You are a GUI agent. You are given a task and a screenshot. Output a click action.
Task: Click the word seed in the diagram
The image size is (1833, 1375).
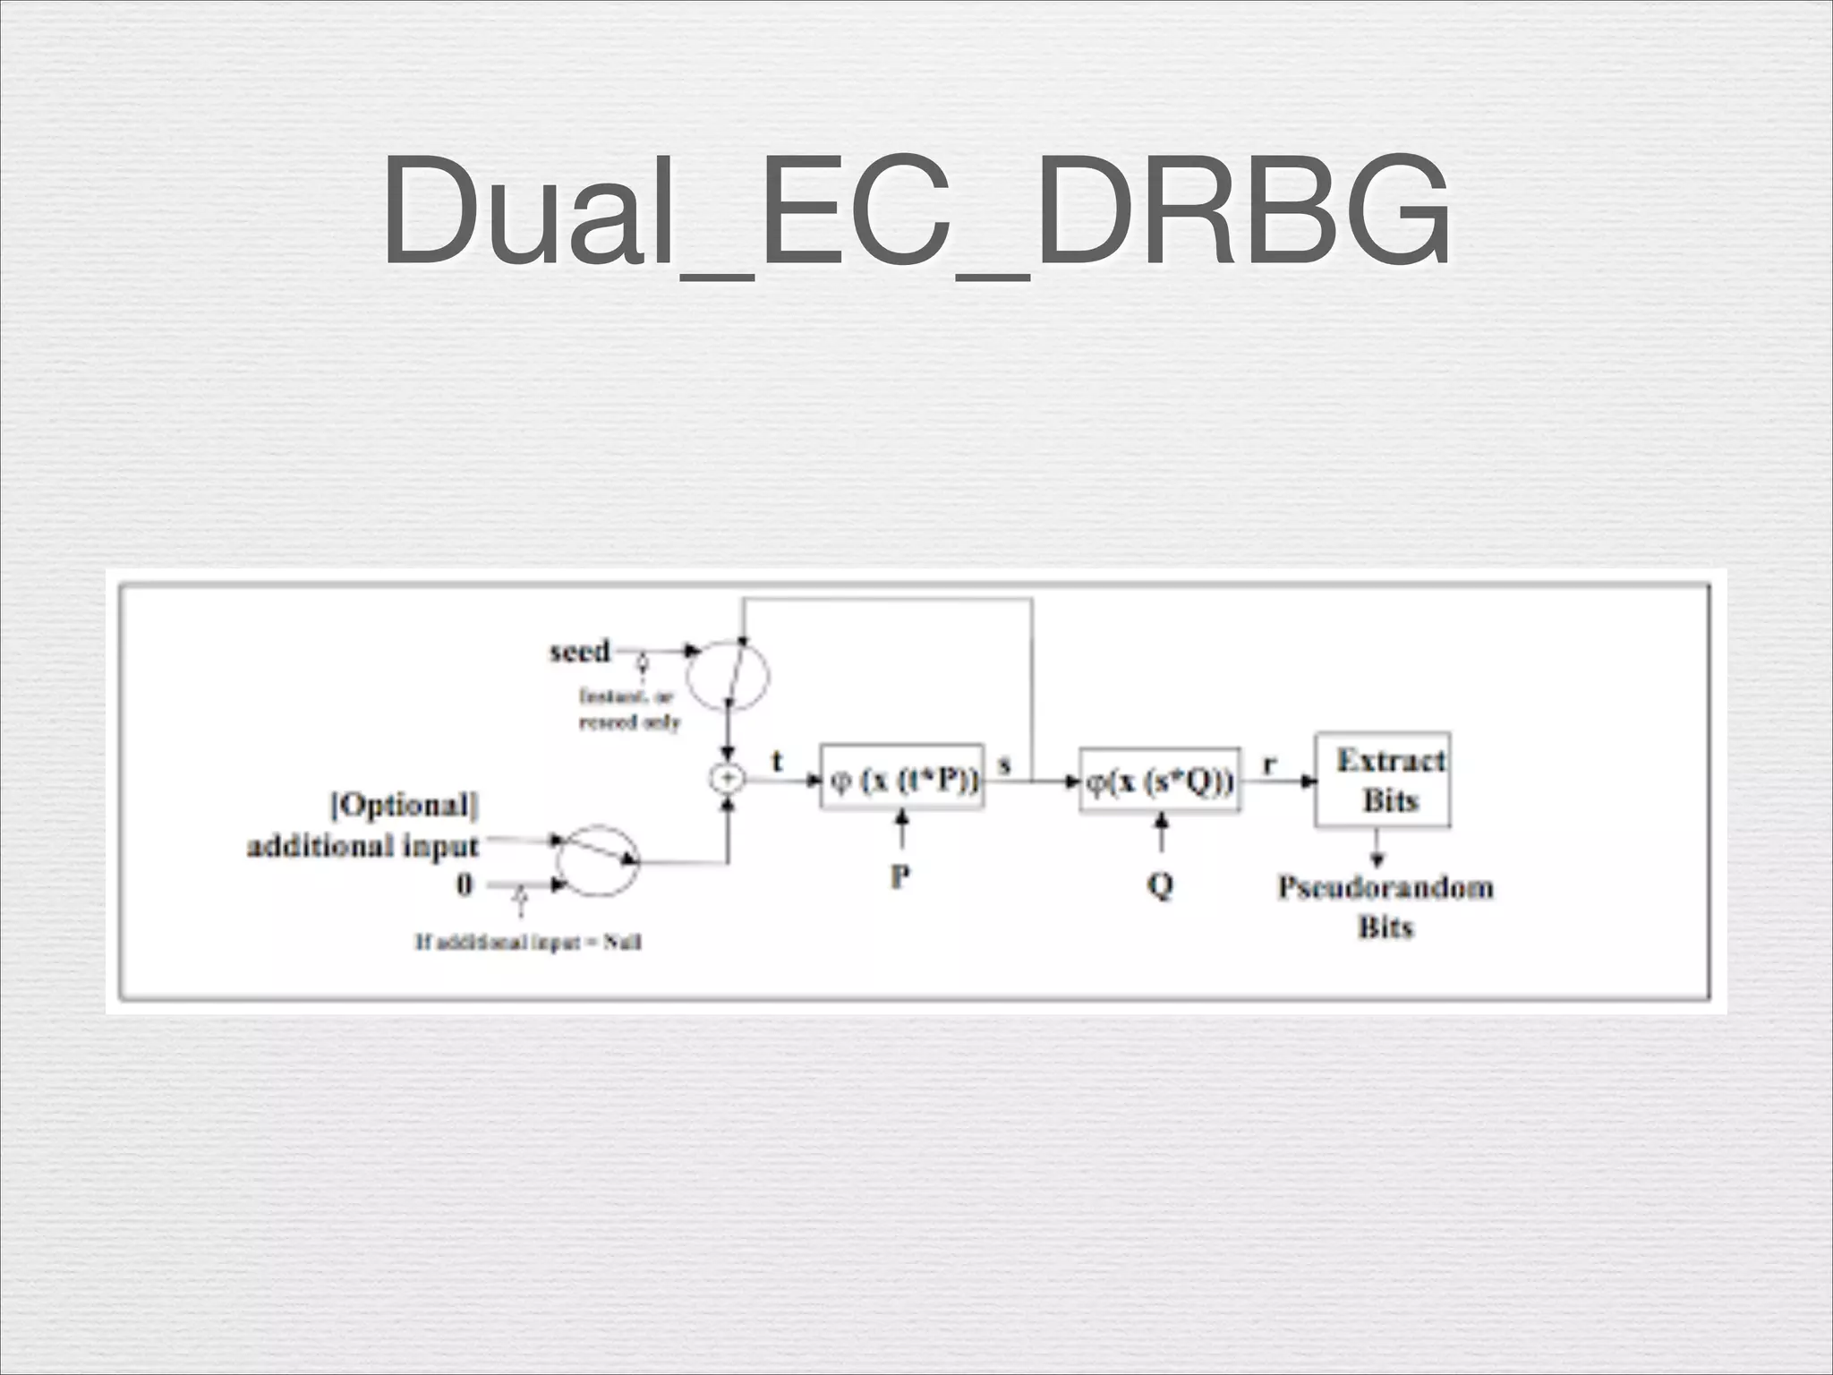(579, 651)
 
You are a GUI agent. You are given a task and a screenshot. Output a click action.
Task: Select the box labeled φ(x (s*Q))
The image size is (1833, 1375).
(1160, 781)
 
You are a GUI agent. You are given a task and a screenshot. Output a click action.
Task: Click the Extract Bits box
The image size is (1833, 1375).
(1383, 780)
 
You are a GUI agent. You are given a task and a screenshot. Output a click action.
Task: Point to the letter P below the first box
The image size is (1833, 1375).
(900, 876)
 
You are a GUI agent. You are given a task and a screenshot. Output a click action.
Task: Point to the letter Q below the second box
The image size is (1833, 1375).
(1160, 885)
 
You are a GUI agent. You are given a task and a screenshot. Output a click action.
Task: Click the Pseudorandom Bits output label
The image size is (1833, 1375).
(1385, 906)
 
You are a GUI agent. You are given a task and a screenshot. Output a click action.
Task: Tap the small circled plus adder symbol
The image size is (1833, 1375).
(727, 779)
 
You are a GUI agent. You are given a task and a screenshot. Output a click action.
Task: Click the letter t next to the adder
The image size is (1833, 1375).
(777, 762)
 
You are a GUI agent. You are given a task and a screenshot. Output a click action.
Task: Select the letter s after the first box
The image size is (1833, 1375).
(1004, 764)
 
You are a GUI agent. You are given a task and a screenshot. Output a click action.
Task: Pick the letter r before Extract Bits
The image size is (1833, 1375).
(1269, 764)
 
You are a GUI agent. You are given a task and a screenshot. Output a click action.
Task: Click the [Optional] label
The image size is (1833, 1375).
(405, 805)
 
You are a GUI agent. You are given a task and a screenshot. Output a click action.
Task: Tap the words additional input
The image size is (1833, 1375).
(362, 845)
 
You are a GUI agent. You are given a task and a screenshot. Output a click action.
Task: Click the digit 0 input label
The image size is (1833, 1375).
(464, 885)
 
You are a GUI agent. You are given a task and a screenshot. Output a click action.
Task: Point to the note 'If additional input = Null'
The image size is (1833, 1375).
(528, 942)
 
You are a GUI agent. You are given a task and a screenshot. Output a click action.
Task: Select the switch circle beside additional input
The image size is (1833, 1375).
(598, 860)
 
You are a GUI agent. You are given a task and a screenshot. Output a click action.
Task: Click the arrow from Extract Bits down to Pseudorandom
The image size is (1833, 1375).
(1377, 848)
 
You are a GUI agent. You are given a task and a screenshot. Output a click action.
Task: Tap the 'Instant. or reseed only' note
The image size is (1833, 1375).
(629, 708)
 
